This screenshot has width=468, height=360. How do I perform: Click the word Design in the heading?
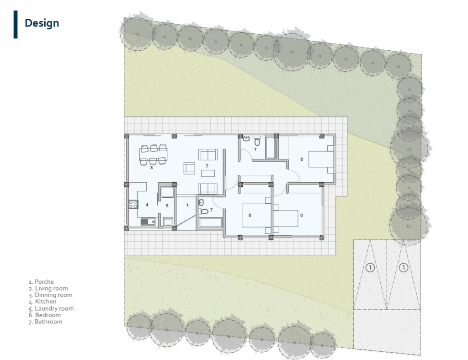(x=42, y=23)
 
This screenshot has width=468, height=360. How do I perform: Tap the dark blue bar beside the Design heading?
(x=16, y=25)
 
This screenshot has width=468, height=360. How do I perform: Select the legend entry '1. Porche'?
(x=41, y=282)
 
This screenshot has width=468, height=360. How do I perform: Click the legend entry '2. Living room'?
(x=48, y=288)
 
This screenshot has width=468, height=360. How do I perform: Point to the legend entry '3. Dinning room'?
(x=50, y=295)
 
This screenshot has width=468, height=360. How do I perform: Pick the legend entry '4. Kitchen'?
(x=43, y=302)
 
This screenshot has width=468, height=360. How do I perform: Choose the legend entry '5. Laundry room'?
(x=51, y=308)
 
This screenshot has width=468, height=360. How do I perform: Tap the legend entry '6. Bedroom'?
(x=45, y=315)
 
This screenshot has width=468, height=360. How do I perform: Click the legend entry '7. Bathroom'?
(x=46, y=322)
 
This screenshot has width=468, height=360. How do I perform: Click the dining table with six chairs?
(x=154, y=154)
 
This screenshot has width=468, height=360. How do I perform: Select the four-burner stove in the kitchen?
(x=133, y=204)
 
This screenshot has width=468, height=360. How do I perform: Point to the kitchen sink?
(x=148, y=222)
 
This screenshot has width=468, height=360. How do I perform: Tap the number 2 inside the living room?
(x=207, y=165)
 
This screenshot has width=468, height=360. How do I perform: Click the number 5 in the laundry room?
(x=167, y=206)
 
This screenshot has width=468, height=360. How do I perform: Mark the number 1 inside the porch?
(x=187, y=205)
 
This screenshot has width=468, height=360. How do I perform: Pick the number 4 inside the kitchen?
(x=147, y=205)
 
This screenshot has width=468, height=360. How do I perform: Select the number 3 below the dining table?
(x=151, y=168)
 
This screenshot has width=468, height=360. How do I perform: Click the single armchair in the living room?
(x=189, y=168)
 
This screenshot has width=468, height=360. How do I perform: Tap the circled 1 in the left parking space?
(x=370, y=268)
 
